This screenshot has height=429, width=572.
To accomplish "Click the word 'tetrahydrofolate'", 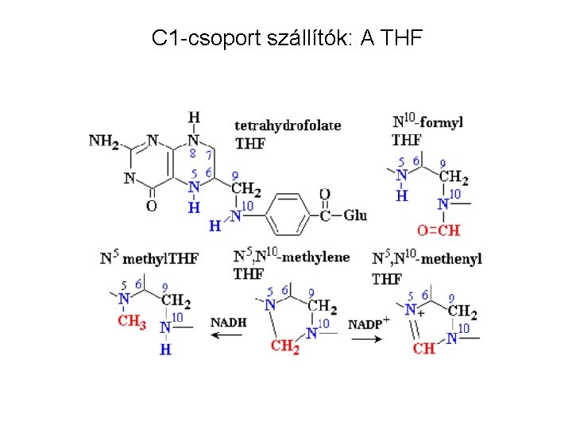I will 288,125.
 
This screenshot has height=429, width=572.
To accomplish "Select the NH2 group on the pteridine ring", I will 103,141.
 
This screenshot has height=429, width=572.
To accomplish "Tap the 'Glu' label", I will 356,215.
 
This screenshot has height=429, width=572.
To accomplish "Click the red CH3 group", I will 131,322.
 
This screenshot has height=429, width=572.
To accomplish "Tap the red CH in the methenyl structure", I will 424,347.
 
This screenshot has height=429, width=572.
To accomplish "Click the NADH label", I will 229,322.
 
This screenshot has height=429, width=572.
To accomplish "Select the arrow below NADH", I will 229,336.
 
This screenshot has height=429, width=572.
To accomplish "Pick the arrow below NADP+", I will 369,337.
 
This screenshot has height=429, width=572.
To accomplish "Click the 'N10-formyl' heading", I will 427,122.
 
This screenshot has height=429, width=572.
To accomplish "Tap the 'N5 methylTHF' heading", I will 149,257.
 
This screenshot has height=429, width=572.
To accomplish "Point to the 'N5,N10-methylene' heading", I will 292,257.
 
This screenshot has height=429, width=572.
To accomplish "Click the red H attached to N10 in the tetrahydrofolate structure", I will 214,227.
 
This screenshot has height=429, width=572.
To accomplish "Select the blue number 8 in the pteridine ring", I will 193,154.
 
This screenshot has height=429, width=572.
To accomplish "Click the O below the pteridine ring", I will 151,207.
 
